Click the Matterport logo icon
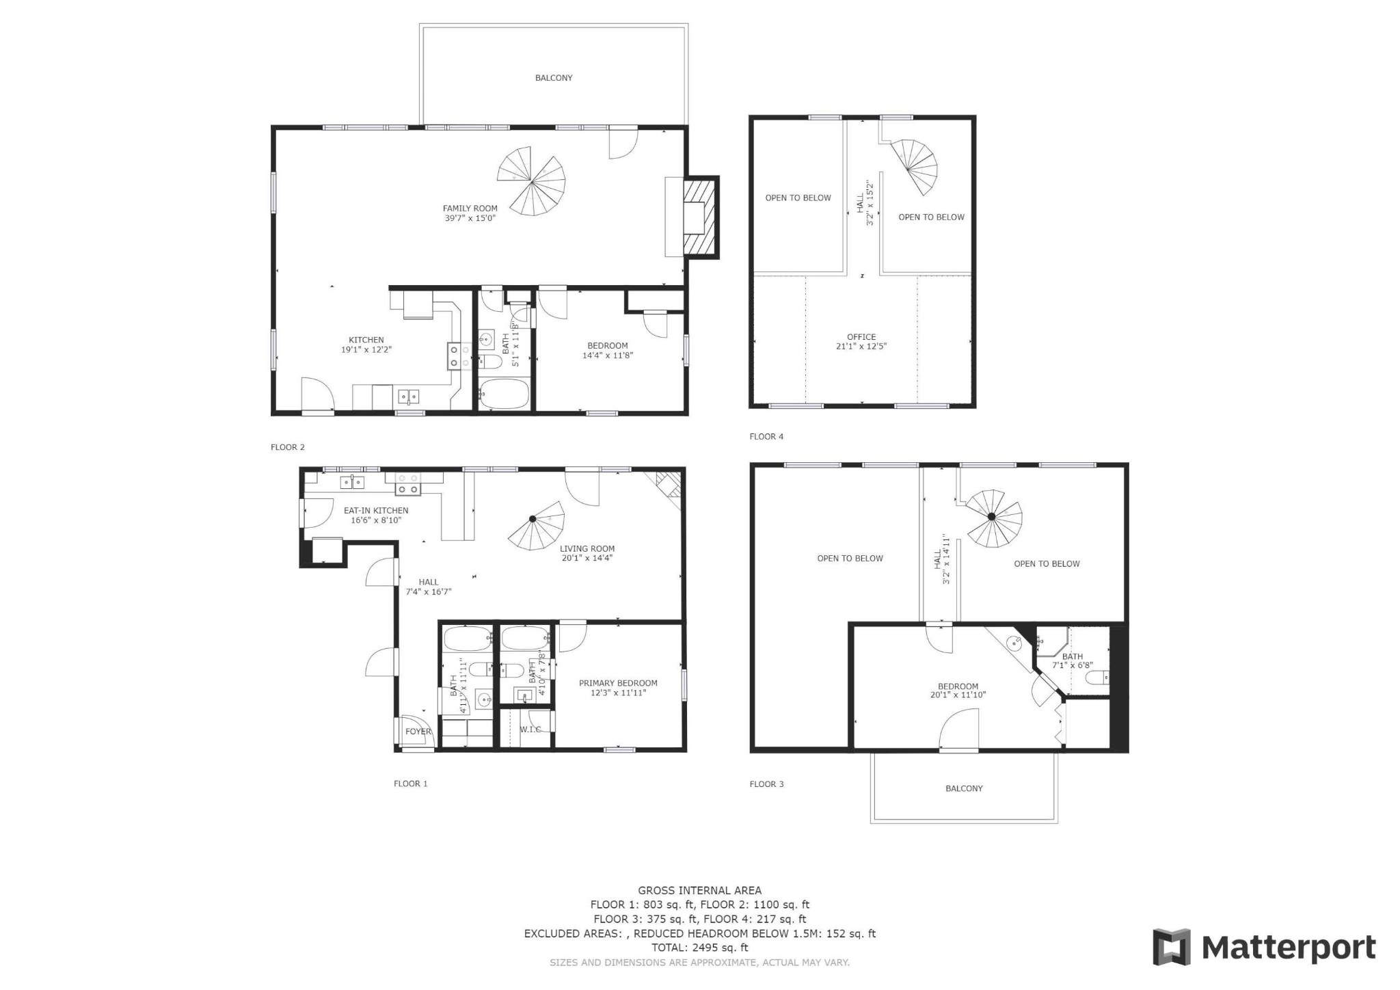click(1172, 947)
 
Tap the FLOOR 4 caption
click(766, 436)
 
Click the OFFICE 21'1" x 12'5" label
click(861, 341)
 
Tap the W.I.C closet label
click(530, 730)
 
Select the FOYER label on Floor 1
click(418, 732)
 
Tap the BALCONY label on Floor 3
click(964, 788)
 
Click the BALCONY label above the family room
click(554, 78)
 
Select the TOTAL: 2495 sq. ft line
click(699, 948)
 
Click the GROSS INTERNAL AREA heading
click(699, 890)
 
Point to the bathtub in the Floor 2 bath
click(504, 394)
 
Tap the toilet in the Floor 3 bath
click(1097, 678)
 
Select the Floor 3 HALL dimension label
click(942, 559)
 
